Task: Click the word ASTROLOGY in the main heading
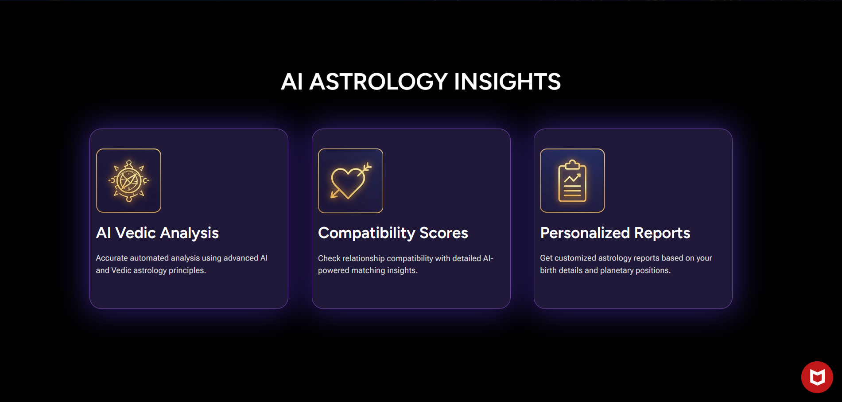(378, 82)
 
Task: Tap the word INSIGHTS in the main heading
(507, 82)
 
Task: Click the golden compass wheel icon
(128, 180)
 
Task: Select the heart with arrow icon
(350, 181)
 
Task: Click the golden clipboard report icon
(572, 181)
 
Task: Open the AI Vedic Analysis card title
(157, 233)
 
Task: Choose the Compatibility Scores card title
(393, 233)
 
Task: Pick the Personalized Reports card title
(615, 233)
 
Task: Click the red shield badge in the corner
(817, 377)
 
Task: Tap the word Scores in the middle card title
(443, 233)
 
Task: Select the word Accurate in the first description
(112, 258)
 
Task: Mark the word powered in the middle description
(334, 270)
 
